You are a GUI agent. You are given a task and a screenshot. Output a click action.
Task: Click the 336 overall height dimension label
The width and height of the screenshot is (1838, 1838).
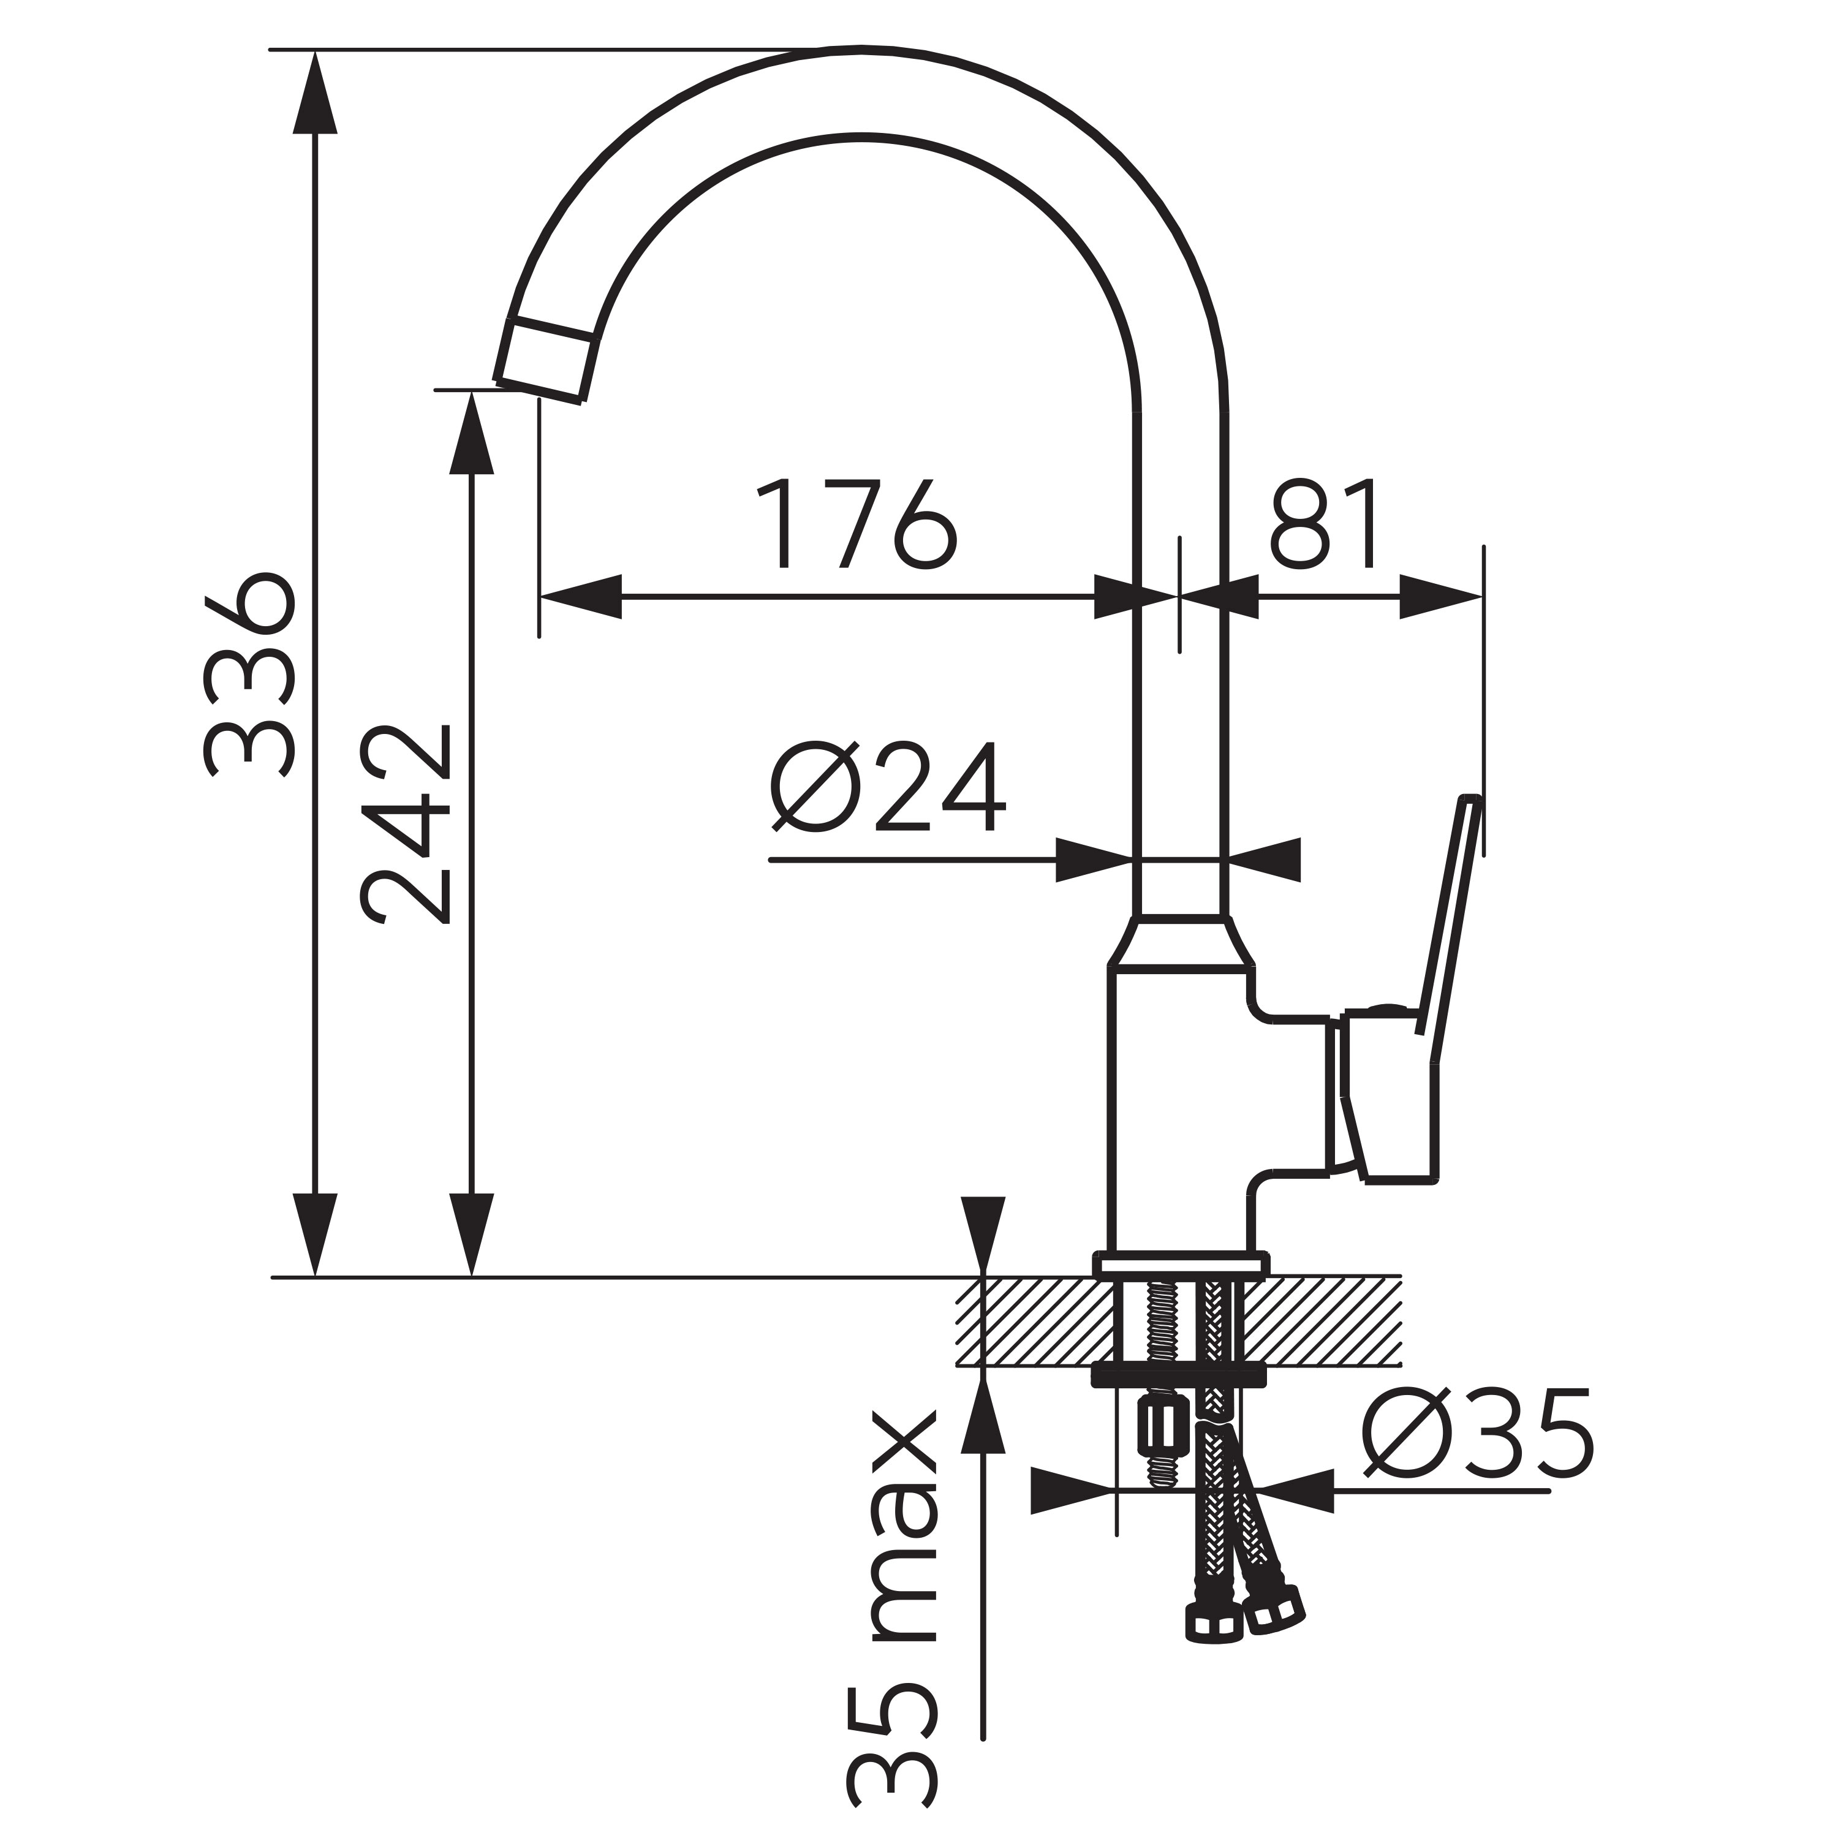(x=249, y=675)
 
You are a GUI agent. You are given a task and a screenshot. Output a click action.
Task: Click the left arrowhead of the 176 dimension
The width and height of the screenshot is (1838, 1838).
(x=580, y=597)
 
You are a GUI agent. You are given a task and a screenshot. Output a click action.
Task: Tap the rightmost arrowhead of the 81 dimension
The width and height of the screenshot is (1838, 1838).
(x=1441, y=597)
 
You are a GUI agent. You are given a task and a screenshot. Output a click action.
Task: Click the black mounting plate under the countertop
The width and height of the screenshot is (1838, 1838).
(x=1179, y=1377)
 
